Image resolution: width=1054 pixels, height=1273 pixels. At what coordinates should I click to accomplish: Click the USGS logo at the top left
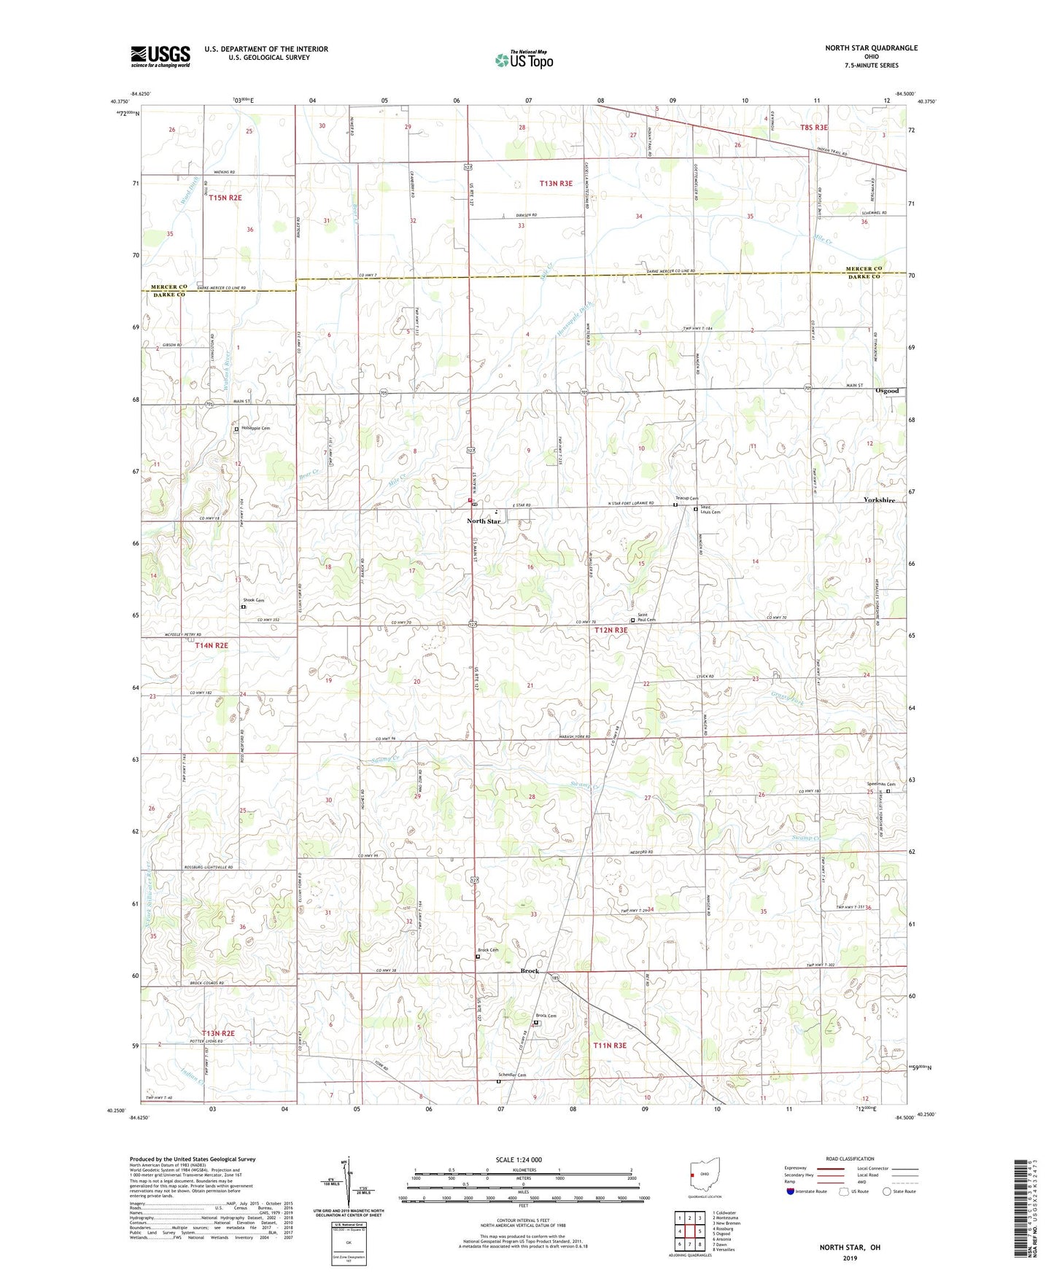160,56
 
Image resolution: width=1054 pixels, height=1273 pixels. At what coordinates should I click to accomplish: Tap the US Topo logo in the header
524,59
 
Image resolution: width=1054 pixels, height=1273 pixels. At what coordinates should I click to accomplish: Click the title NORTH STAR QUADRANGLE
871,48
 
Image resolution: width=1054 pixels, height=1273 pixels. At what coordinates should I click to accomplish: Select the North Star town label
484,521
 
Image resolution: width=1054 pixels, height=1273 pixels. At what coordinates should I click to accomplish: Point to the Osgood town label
886,392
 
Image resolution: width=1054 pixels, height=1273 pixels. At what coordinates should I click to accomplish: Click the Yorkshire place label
880,500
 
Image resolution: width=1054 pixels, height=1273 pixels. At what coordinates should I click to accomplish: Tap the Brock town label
530,971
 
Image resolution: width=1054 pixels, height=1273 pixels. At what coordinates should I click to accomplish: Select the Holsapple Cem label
255,429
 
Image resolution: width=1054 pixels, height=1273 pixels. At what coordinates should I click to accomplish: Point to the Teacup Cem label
686,499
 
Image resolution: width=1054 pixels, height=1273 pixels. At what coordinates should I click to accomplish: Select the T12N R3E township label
611,630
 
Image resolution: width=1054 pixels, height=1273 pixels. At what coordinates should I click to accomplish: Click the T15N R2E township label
225,198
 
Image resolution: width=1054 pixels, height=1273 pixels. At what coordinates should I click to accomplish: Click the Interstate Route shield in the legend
791,1191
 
